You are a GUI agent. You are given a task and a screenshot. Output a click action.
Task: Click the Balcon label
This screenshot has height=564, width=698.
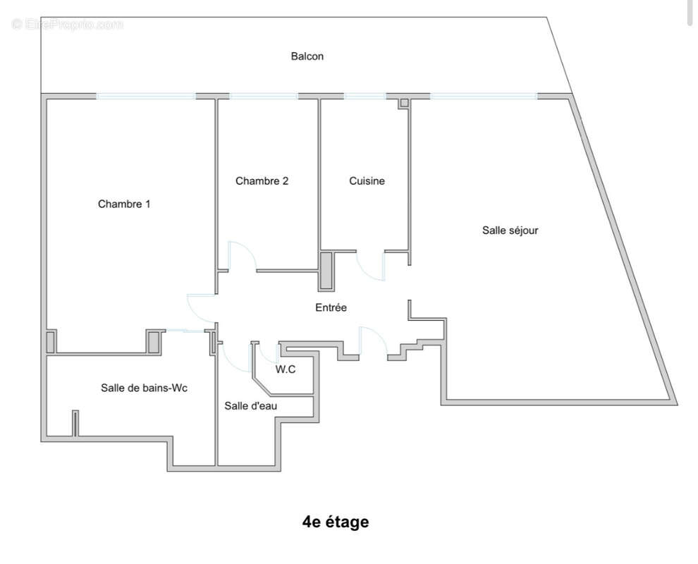pos(307,56)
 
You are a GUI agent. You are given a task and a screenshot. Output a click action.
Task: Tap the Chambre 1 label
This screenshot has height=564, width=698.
pos(124,204)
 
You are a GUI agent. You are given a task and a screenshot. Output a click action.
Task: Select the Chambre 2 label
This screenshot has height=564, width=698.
pos(262,181)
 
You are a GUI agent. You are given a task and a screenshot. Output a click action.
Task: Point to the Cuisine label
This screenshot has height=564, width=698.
pos(367,181)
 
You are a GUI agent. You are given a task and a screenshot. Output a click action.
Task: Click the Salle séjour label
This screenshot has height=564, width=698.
pos(510,230)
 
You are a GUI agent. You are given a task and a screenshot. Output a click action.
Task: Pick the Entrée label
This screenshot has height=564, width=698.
pos(331,307)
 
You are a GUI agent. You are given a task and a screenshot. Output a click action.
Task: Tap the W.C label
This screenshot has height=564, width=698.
pos(285,369)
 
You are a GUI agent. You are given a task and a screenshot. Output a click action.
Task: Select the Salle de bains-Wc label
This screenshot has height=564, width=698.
pos(144,388)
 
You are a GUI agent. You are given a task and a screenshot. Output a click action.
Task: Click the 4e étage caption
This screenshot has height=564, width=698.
pos(335,522)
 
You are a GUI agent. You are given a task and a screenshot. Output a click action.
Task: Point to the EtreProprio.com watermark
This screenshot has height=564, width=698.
pos(68,24)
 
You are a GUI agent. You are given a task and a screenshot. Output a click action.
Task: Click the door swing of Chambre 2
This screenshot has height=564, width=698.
pos(242,255)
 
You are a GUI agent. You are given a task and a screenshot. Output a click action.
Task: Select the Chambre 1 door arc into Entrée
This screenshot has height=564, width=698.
pos(199,309)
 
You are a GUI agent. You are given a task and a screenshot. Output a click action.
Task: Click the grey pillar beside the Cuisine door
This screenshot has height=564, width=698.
pos(327,271)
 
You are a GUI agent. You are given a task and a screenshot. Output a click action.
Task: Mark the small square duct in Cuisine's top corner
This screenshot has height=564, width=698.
pos(404,103)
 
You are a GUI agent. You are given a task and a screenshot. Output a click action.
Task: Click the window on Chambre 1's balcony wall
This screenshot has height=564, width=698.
pos(146,96)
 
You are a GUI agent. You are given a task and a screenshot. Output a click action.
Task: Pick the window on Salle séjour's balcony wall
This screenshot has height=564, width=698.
pos(484,96)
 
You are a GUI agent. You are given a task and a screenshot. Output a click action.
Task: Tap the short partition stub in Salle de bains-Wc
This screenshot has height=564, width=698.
pos(75,424)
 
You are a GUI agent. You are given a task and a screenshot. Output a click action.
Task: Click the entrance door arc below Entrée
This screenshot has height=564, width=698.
pos(372,340)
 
